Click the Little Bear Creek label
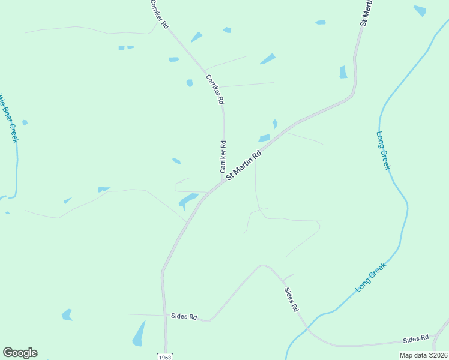pos(9,117)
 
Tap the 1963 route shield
pos(166,356)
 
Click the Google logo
pos(20,353)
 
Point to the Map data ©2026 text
pos(423,355)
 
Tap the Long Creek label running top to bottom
pos(383,150)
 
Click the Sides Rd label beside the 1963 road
pos(184,316)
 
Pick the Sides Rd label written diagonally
pos(291,299)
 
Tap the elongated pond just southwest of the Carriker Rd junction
pos(188,200)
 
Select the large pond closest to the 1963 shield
pos(139,334)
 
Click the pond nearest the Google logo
pos(67,314)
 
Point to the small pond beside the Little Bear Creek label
pos(25,122)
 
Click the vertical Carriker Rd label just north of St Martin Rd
pos(223,157)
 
